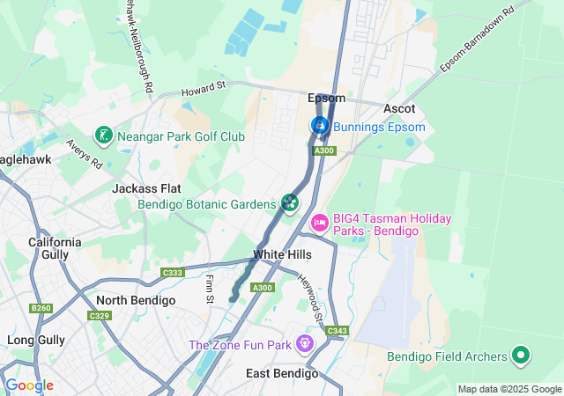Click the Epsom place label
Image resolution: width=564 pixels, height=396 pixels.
326,98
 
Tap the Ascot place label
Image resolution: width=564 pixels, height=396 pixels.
399,107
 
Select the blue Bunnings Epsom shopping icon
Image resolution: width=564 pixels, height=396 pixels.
319,127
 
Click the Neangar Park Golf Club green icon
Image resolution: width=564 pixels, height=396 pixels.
104,136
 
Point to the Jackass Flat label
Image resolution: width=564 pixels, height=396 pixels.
146,188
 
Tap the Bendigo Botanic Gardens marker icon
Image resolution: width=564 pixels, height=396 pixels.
290,204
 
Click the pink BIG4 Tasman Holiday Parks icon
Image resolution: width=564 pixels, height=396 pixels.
318,224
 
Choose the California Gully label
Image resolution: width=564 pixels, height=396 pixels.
55,248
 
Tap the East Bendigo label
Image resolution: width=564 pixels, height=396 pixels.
282,373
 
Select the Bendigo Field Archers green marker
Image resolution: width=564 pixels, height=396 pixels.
521,356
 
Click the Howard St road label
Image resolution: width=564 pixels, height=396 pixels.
204,87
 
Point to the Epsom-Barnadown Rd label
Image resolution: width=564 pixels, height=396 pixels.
477,42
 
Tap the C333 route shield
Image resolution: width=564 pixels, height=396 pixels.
172,274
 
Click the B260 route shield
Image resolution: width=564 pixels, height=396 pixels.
41,308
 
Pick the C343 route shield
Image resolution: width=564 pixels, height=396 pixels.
337,331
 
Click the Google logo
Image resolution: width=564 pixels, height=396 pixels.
29,385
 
